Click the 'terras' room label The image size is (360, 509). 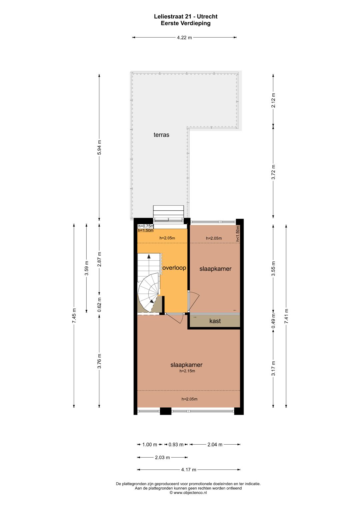(x=161, y=135)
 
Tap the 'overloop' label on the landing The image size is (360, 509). (x=174, y=268)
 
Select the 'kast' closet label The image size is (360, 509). (x=215, y=321)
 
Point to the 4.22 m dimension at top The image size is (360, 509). (x=184, y=38)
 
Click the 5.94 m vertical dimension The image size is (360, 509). (x=99, y=147)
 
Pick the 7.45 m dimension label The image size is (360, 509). (x=74, y=315)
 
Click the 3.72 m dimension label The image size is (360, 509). (x=273, y=172)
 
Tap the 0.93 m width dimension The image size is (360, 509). (x=176, y=444)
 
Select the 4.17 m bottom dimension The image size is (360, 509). (x=189, y=470)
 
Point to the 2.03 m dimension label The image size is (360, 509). (x=162, y=457)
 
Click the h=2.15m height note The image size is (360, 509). (x=187, y=371)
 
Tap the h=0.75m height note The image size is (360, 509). (x=146, y=226)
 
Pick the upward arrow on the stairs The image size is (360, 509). (x=149, y=257)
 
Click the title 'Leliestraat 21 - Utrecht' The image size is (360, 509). (x=186, y=16)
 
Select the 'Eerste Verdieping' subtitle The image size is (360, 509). (x=186, y=23)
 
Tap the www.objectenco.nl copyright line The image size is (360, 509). (x=188, y=493)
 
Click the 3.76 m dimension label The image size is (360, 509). (x=99, y=361)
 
